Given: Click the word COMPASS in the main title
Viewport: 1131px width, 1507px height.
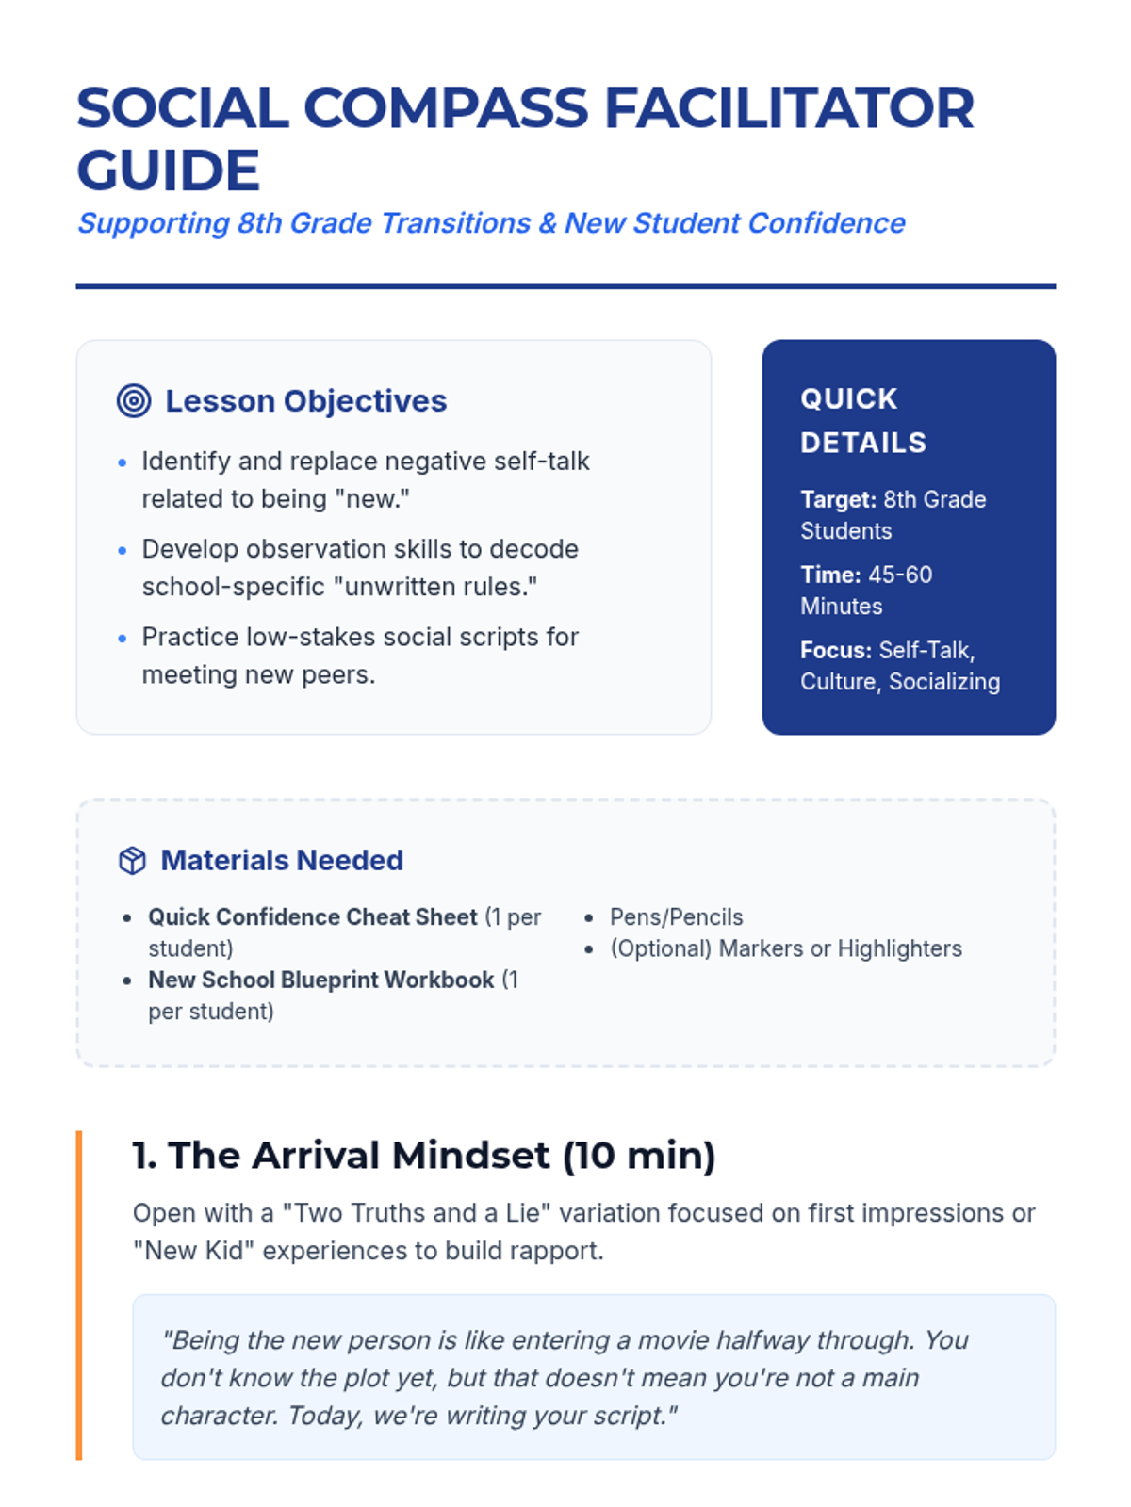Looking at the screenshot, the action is click(446, 107).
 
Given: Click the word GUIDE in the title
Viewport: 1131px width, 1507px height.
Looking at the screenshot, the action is click(169, 170).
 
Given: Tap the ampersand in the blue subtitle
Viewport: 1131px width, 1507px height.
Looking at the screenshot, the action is click(548, 223).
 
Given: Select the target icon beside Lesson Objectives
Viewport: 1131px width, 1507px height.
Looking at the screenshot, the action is click(134, 400).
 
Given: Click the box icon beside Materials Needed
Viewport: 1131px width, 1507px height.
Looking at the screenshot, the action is click(132, 860).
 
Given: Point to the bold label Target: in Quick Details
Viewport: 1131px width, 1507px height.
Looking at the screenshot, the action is click(839, 499).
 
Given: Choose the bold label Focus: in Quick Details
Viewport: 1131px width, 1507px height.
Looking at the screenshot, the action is click(836, 650).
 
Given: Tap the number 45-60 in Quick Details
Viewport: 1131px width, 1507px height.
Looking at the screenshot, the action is click(900, 575).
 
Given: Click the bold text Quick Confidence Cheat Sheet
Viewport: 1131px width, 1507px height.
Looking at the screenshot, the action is click(313, 917).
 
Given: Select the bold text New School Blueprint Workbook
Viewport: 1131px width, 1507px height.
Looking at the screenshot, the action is click(321, 980).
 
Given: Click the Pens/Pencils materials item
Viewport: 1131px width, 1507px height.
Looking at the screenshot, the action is click(677, 917).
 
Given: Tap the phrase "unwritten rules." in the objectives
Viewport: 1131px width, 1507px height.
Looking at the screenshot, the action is click(435, 587).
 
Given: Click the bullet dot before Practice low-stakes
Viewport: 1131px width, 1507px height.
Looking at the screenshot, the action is click(123, 639).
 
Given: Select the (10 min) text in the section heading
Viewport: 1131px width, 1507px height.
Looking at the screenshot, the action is click(639, 1156).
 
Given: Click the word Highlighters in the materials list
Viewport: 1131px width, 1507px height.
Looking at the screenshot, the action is click(900, 948).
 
